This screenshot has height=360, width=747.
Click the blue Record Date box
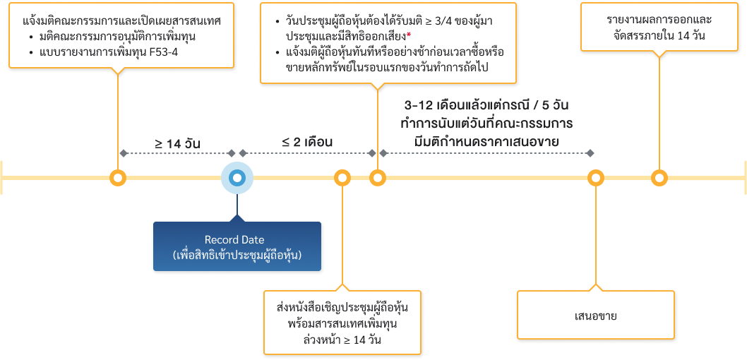[x=237, y=247]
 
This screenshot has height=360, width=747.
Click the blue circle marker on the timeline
[x=237, y=178]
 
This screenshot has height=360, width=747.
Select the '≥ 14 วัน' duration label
[x=177, y=144]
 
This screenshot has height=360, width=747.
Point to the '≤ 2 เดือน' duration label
[x=308, y=142]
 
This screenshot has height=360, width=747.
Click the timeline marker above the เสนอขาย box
[x=596, y=178]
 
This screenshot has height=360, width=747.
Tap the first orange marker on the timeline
[x=118, y=178]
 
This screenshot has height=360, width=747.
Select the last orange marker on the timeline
[x=659, y=178]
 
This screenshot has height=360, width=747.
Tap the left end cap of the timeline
[x=2, y=178]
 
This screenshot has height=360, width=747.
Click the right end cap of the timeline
[x=744, y=178]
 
